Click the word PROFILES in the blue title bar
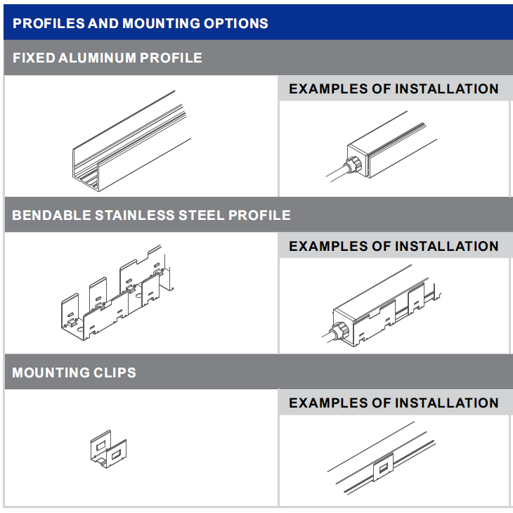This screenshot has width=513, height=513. [x=48, y=24]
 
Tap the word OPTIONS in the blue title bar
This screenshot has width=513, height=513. [x=236, y=24]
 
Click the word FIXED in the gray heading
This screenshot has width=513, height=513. [x=34, y=58]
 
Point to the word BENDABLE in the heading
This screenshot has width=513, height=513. [x=51, y=215]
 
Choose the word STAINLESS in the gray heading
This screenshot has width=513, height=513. [x=135, y=215]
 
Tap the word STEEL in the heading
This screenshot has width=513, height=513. [x=202, y=215]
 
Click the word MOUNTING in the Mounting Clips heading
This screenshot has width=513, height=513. [x=51, y=372]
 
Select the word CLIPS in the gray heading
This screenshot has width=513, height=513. [x=115, y=372]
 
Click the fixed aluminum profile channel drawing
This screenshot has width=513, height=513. [x=131, y=141]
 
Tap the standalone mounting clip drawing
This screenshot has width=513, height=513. [x=108, y=449]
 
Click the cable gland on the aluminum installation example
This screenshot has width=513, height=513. [x=353, y=164]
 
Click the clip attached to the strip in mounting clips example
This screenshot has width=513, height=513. [x=383, y=467]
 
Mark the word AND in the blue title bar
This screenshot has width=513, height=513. [x=103, y=24]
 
